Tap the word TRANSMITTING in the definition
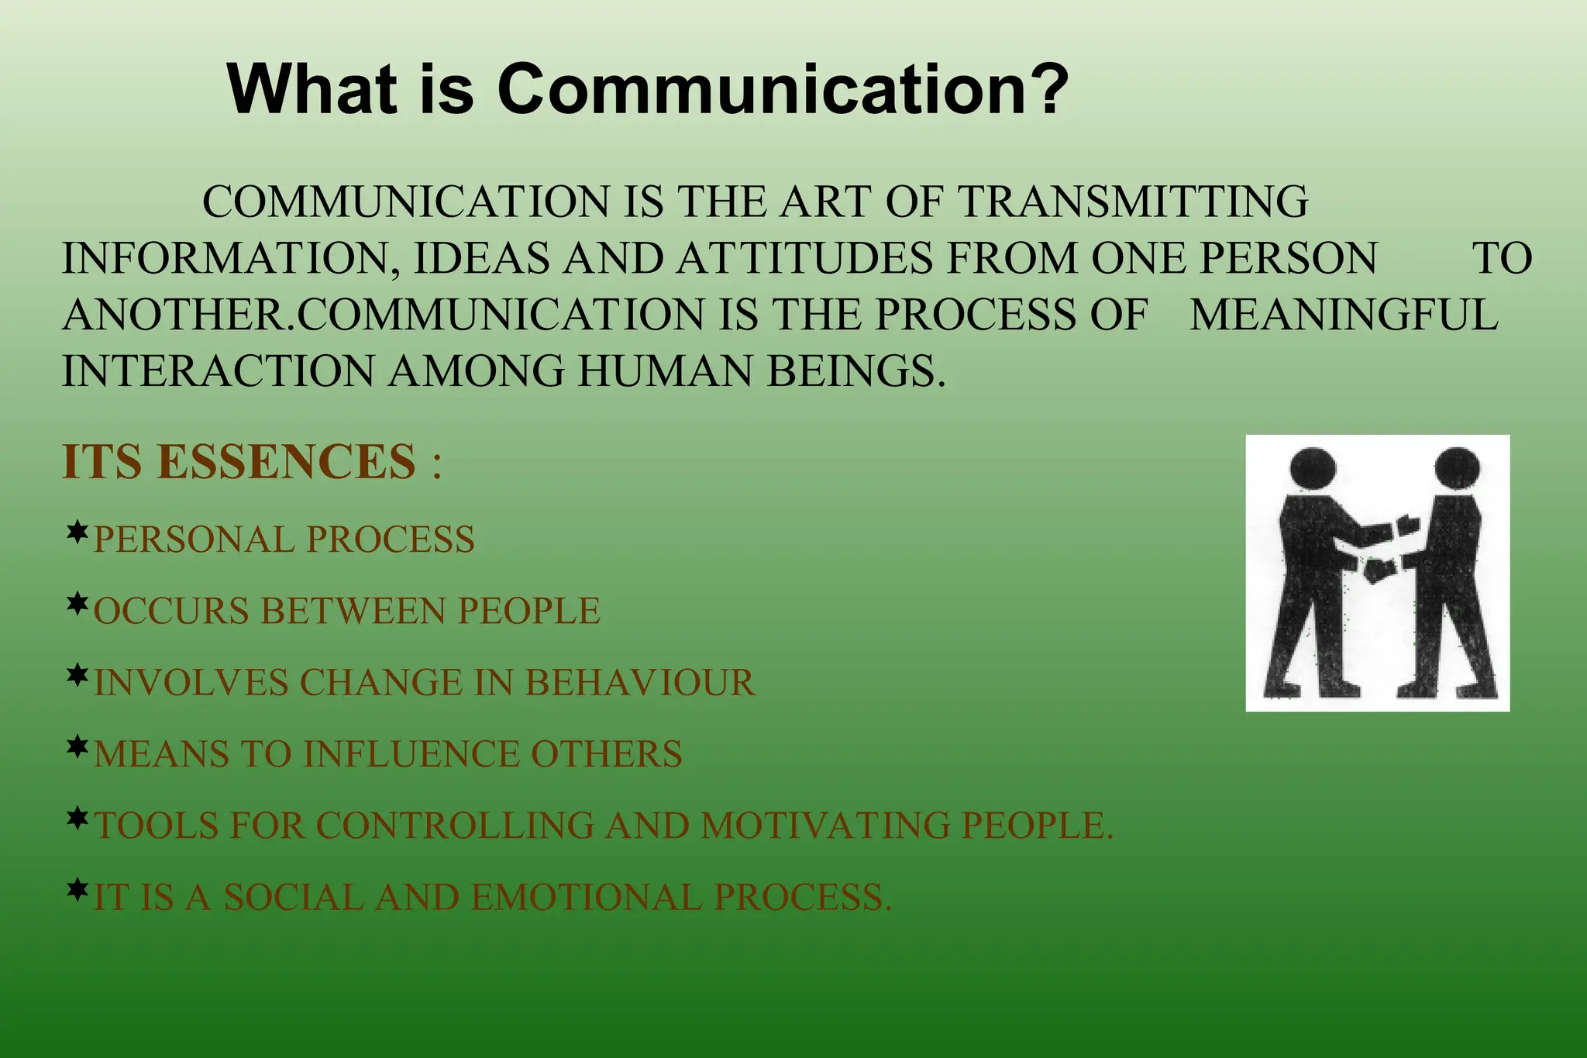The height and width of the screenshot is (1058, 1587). (1133, 202)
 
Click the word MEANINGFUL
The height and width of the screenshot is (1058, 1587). (1344, 315)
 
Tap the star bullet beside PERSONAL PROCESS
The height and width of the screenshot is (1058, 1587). (77, 533)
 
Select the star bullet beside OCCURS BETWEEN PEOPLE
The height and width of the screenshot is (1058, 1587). (77, 605)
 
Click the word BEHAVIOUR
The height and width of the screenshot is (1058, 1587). (640, 683)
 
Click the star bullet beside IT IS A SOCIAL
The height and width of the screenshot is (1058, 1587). (77, 891)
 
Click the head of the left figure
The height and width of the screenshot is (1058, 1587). (1313, 468)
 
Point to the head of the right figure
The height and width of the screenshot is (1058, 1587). (1457, 468)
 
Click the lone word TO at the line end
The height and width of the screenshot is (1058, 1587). (1503, 258)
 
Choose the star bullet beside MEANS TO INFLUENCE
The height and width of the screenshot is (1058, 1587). (77, 748)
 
